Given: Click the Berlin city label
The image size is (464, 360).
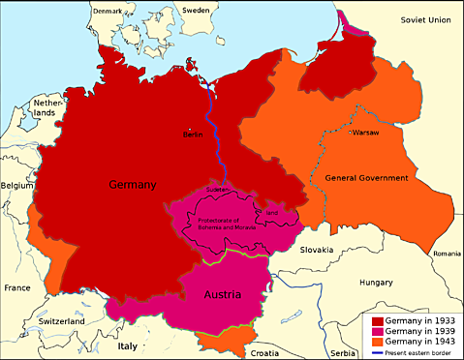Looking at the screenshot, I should [x=192, y=135].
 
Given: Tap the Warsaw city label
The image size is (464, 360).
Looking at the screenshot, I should [x=365, y=131].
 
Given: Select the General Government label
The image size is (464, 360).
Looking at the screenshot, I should [x=366, y=178].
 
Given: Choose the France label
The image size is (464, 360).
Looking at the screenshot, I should [x=16, y=287].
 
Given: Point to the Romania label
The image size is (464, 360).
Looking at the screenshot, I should [x=448, y=253].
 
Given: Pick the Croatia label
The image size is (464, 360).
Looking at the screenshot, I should [x=267, y=353].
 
